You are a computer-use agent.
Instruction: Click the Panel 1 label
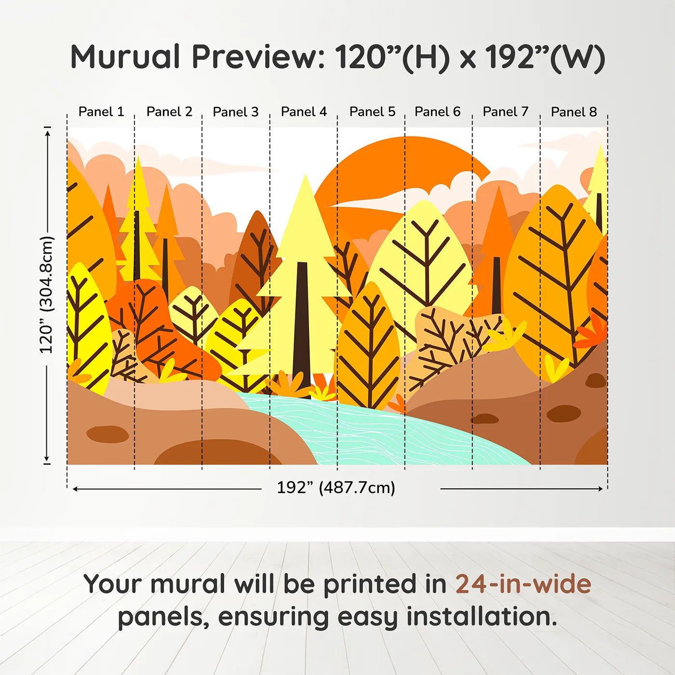(x=101, y=112)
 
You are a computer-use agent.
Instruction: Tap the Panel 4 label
(x=304, y=112)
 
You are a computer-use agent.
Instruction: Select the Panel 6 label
(x=437, y=112)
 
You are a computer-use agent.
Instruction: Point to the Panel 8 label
(x=574, y=112)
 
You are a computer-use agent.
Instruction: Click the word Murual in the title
(x=125, y=57)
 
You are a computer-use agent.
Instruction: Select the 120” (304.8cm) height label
(x=46, y=295)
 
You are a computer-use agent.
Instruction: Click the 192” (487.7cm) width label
(x=336, y=487)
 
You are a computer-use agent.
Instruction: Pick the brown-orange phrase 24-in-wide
(x=523, y=584)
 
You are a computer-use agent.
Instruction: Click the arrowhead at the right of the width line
(x=600, y=488)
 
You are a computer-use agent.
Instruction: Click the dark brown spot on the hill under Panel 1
(x=108, y=434)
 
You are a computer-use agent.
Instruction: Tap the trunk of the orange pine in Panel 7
(x=496, y=285)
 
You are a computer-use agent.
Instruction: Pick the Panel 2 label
(x=170, y=112)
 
